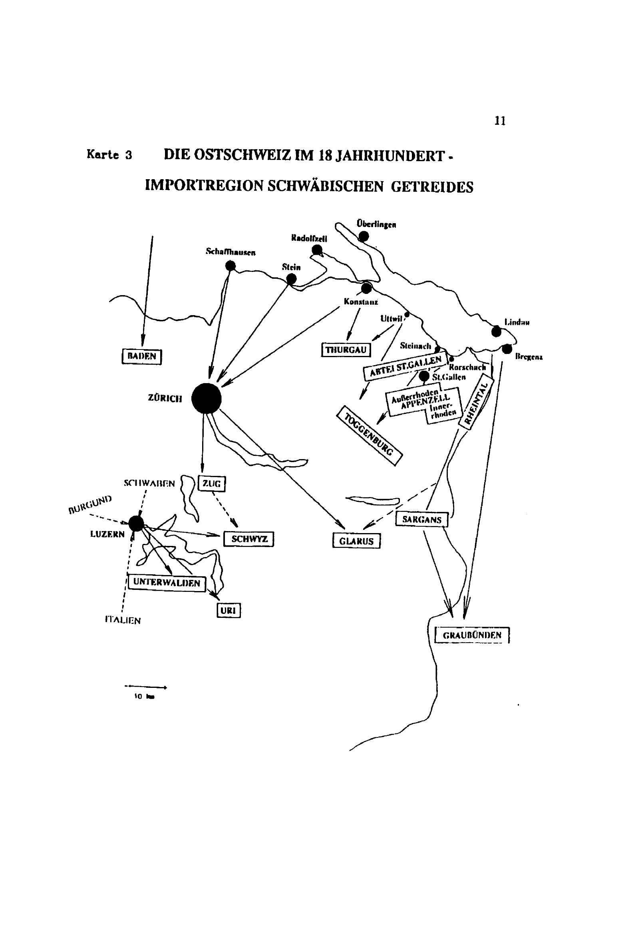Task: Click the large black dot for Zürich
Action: [x=206, y=398]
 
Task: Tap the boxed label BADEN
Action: [x=141, y=356]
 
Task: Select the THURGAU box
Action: [x=346, y=349]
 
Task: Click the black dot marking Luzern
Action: [x=136, y=523]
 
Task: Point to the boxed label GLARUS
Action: [x=356, y=541]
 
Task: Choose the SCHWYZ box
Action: [x=249, y=539]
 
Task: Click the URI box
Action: [x=228, y=610]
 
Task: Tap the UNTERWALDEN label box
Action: [x=167, y=582]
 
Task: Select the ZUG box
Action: [x=212, y=483]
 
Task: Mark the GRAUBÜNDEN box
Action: [x=472, y=635]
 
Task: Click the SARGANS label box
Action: [x=421, y=519]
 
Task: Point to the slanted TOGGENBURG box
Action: [x=369, y=436]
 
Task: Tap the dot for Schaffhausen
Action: [x=231, y=266]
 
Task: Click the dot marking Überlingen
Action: [x=364, y=236]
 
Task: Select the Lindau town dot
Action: [x=497, y=332]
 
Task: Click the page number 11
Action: [x=500, y=121]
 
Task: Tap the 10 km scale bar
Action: [x=145, y=687]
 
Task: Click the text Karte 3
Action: [x=109, y=155]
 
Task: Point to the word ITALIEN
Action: [x=123, y=620]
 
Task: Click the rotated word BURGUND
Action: [x=89, y=504]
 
